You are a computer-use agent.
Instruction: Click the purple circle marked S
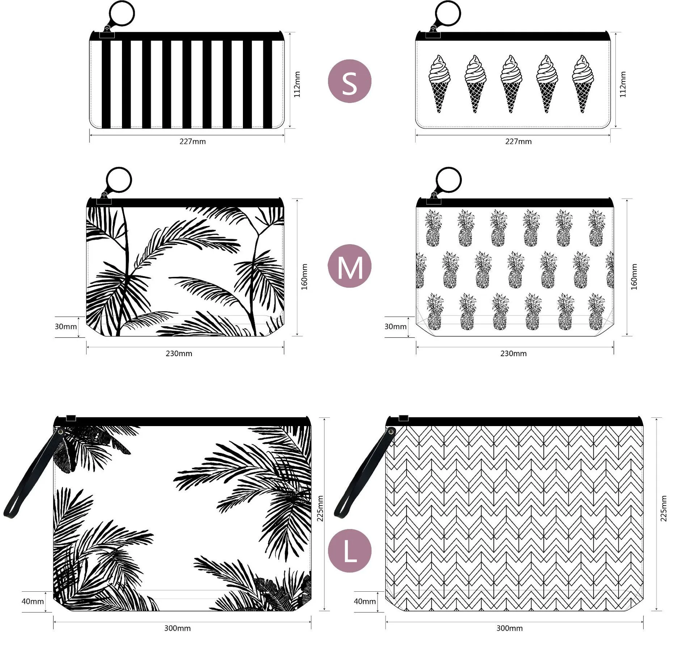[349, 81]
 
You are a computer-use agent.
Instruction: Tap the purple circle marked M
[349, 266]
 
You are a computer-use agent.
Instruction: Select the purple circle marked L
[349, 550]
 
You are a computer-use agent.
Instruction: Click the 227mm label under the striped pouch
[192, 142]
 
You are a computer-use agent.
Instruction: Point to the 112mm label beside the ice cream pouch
[623, 84]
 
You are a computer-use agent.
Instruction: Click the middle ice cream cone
[511, 84]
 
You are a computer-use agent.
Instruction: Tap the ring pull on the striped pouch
[122, 13]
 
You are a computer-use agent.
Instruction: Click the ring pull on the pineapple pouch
[448, 179]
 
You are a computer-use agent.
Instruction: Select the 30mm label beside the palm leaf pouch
[66, 326]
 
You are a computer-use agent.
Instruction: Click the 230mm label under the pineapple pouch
[513, 354]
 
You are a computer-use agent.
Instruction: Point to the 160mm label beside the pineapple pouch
[634, 277]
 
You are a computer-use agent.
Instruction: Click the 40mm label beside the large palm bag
[33, 601]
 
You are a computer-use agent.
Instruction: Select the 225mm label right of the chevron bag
[663, 508]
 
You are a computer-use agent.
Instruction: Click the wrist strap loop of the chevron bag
[342, 507]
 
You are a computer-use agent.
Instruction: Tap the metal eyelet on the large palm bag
[60, 432]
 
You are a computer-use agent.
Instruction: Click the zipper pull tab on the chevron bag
[403, 418]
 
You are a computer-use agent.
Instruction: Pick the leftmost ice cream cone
[439, 84]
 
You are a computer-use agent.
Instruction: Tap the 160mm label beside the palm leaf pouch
[304, 277]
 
